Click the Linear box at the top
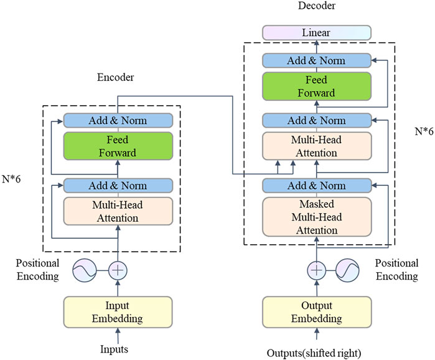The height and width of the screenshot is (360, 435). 317,32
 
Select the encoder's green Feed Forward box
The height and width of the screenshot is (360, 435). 117,146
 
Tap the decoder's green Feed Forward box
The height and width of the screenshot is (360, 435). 317,86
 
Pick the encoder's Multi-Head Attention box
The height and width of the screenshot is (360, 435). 117,212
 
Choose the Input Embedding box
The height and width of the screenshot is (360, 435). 117,312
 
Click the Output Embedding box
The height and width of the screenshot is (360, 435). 317,312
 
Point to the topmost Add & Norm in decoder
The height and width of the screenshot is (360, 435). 317,60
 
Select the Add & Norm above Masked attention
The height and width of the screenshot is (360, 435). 317,186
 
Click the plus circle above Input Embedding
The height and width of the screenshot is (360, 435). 118,271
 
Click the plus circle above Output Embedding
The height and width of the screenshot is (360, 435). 317,271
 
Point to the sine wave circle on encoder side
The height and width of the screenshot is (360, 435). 85,271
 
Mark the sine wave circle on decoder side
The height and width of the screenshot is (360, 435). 348,271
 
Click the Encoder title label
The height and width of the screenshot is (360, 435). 116,79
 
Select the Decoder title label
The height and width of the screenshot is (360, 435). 316,6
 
